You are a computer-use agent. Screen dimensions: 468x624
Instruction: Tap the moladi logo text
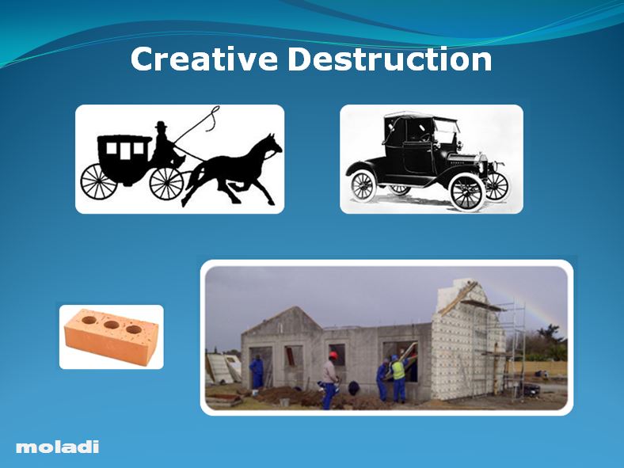pos(58,447)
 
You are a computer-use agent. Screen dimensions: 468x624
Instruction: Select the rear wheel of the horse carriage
pos(98,181)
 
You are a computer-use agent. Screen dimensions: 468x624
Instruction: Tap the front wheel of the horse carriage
pos(166,183)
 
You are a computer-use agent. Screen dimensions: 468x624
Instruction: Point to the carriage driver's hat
pos(162,125)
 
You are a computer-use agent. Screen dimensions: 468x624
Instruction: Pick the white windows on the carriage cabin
pos(127,148)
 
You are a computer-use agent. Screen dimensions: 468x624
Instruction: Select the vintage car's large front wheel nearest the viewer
pos(466,191)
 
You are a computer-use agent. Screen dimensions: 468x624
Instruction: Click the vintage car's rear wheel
pos(363,185)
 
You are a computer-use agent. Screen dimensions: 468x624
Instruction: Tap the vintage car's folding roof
pos(420,120)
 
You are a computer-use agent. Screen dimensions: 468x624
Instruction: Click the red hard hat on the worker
pos(333,356)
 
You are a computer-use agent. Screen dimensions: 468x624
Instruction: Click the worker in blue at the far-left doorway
pos(257,372)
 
